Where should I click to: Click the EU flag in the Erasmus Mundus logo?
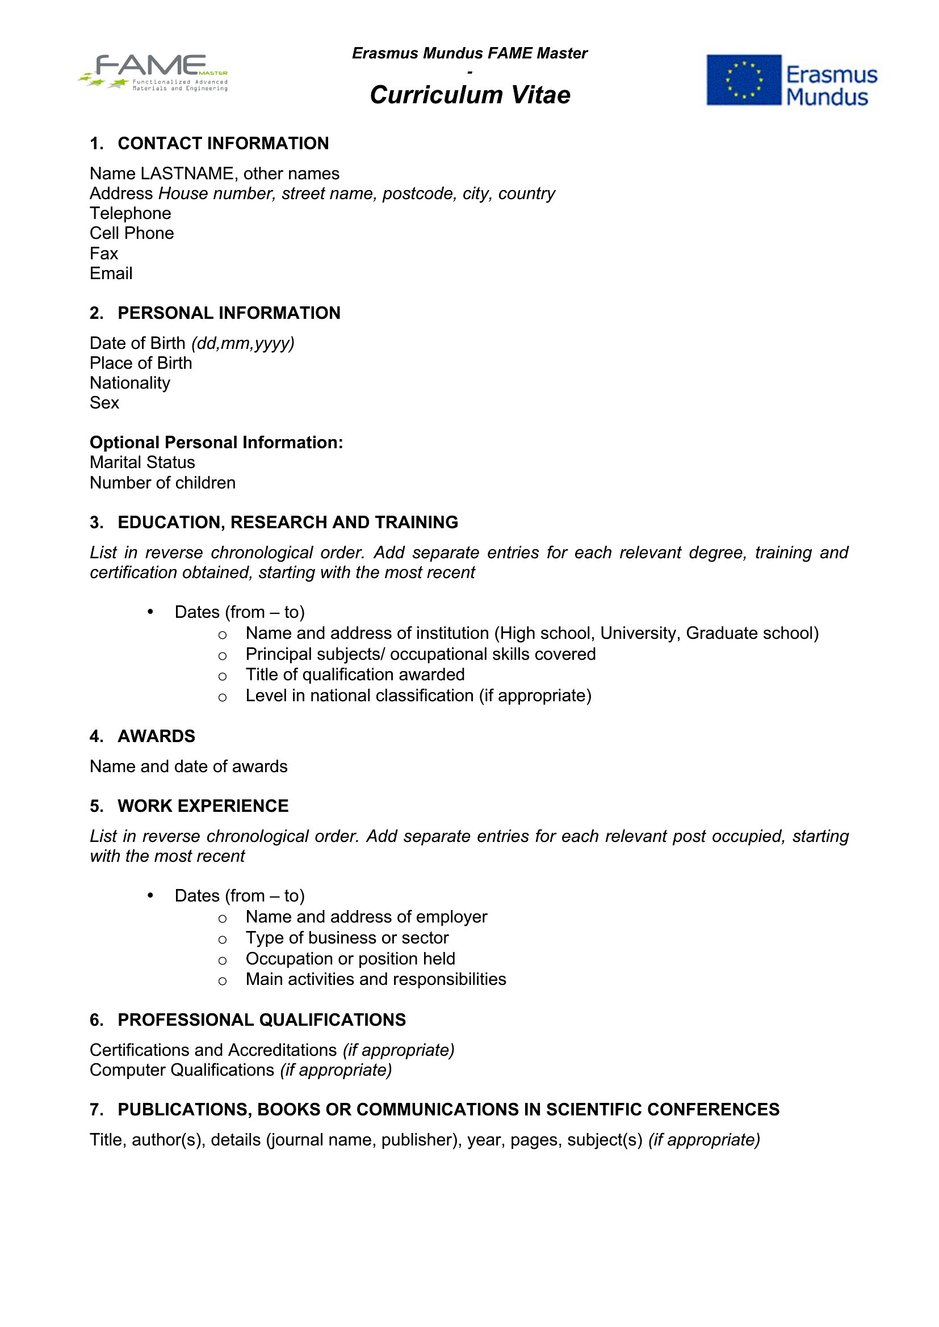tap(744, 80)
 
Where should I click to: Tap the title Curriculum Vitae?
tap(469, 95)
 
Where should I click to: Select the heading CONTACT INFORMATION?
tap(223, 144)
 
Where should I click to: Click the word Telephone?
tap(130, 213)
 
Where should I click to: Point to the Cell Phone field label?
tap(132, 233)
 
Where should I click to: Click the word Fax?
tap(103, 253)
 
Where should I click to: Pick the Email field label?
tap(111, 273)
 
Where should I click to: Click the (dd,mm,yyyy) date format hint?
tap(243, 343)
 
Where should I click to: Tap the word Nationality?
tap(130, 382)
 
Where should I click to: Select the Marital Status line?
tap(142, 462)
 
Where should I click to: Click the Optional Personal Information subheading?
tap(216, 442)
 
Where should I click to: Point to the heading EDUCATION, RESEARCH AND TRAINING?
tap(287, 522)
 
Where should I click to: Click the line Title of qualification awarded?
tap(354, 675)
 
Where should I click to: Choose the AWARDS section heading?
tap(156, 736)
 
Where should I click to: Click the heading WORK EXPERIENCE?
tap(202, 806)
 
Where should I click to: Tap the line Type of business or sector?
tap(347, 937)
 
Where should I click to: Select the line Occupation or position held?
tap(350, 958)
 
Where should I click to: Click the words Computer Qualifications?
tap(182, 1070)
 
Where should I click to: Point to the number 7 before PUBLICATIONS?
tap(95, 1109)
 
